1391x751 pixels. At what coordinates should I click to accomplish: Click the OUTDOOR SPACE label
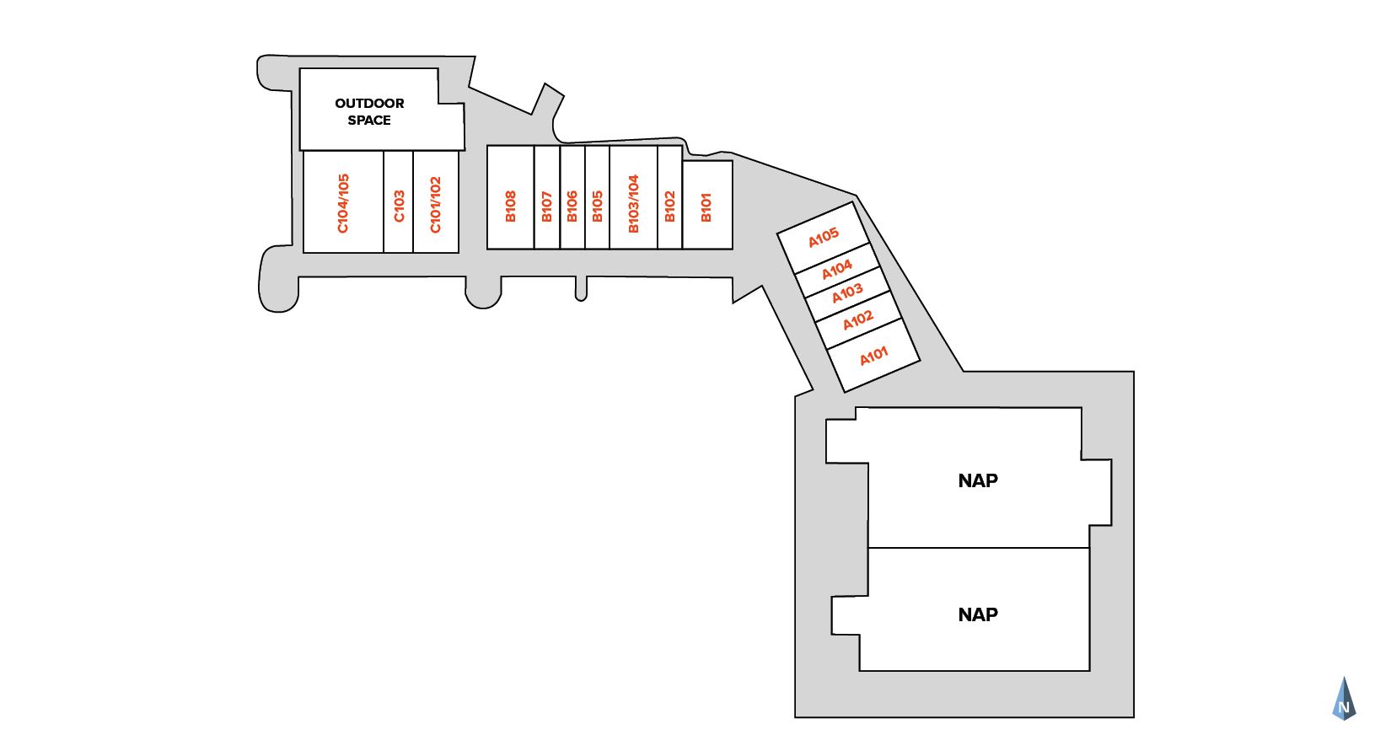pos(369,111)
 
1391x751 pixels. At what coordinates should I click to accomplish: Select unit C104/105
pos(343,203)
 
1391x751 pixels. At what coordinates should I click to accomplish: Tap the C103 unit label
pos(399,206)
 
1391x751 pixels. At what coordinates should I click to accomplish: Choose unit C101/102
pos(435,204)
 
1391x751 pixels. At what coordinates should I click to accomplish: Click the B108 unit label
pos(510,206)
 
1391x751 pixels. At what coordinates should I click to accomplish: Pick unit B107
pos(546,206)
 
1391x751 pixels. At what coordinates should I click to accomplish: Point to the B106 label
pos(572,206)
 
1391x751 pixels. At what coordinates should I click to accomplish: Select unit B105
pos(597,206)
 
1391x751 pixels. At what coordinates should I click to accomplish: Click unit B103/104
pos(633,203)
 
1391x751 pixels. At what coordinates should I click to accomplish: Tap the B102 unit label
pos(669,206)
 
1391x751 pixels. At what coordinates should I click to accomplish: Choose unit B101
pos(706,207)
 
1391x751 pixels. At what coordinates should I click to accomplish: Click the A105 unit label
pos(824,238)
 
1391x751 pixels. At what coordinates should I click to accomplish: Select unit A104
pos(837,270)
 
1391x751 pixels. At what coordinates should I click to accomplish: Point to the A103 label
pos(847,292)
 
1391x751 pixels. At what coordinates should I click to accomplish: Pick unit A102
pos(858,320)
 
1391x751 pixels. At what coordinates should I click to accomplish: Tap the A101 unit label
pos(874,356)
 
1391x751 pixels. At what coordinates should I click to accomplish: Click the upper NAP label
pos(978,480)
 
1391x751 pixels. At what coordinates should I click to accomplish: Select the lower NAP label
pos(978,614)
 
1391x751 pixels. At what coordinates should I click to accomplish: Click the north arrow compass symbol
pos(1344,700)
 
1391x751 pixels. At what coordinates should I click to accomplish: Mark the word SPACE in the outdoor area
pos(369,121)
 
